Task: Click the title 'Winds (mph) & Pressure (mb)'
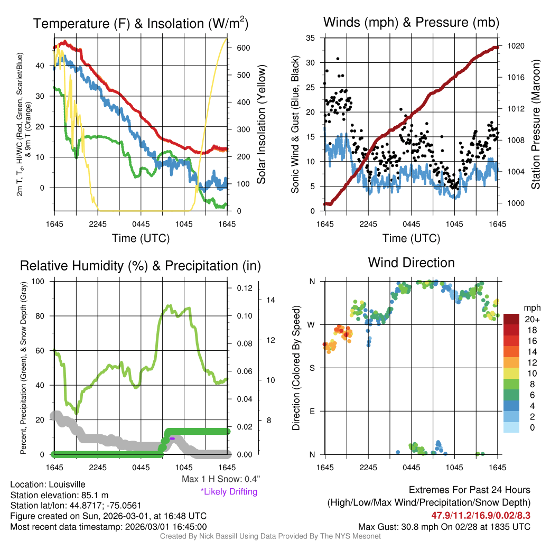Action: coord(411,22)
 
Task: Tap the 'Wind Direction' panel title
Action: coord(411,263)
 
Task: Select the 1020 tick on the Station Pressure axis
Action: coord(515,46)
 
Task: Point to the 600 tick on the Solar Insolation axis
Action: coord(244,48)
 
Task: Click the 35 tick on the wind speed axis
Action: coord(311,38)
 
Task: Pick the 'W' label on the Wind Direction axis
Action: coord(312,324)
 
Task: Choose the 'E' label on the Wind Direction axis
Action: coord(312,411)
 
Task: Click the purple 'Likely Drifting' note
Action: coord(229,492)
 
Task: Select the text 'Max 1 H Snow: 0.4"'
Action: coord(220,479)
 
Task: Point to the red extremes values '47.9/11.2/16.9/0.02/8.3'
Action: coord(481,515)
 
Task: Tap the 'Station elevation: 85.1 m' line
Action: coord(59,495)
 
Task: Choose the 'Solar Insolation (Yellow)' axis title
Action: coord(262,125)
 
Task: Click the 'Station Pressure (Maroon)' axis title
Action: coord(535,125)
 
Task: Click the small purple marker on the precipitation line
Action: coord(172,439)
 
